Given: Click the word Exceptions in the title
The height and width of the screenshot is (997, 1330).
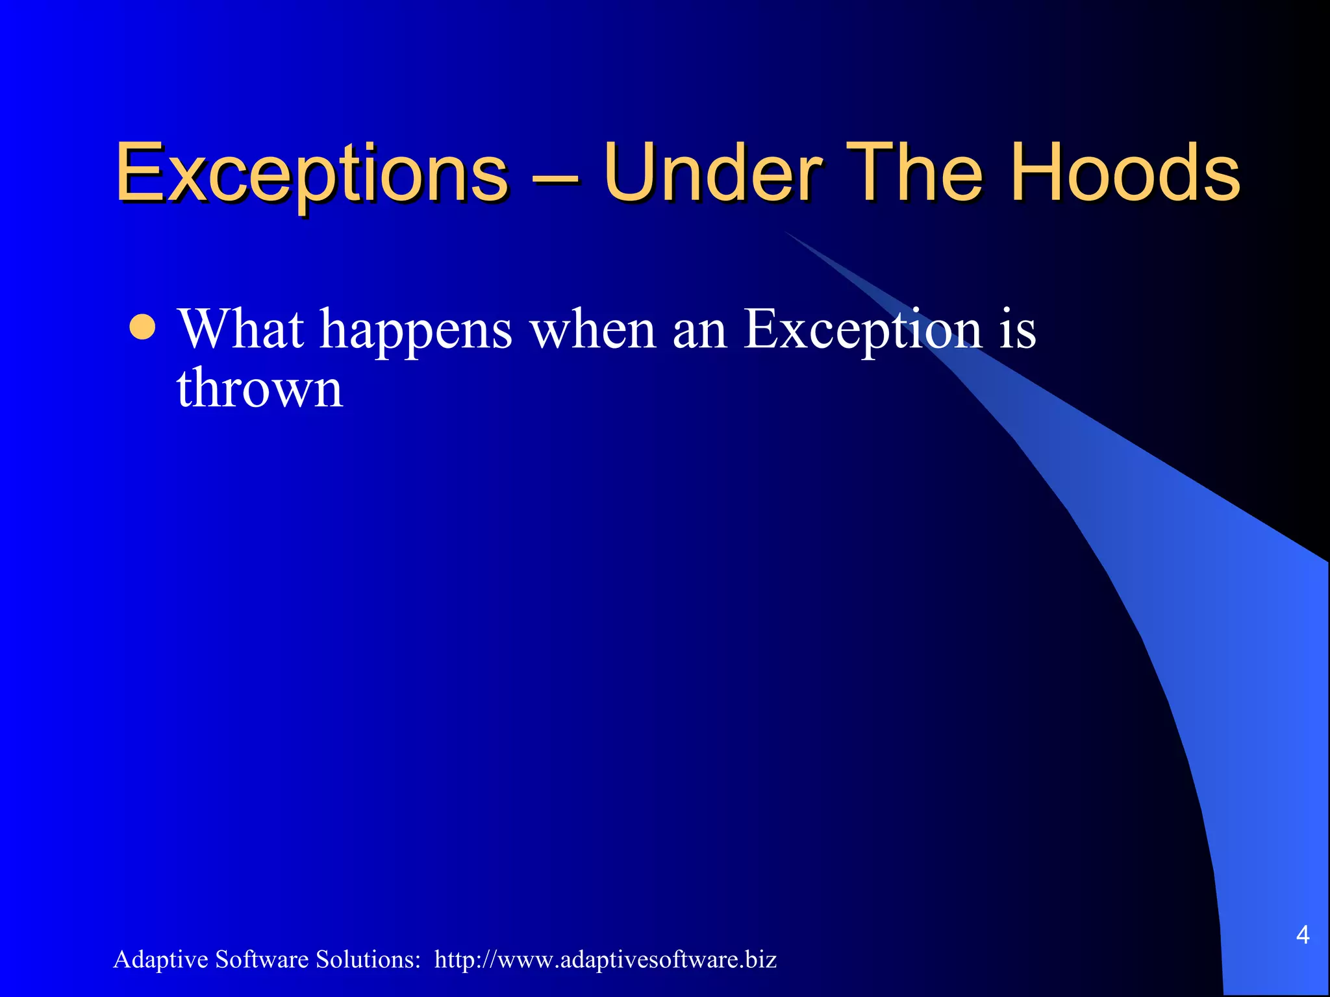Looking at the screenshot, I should coord(312,174).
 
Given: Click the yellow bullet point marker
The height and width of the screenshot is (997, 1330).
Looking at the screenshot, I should coord(142,328).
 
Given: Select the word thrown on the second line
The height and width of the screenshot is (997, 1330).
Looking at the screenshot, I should coord(259,388).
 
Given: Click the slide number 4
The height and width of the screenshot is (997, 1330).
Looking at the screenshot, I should coord(1302,935).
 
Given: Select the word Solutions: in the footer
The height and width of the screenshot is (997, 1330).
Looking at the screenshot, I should coord(368,959).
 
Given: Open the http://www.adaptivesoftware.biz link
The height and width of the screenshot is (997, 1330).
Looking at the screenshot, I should coord(605,959).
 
